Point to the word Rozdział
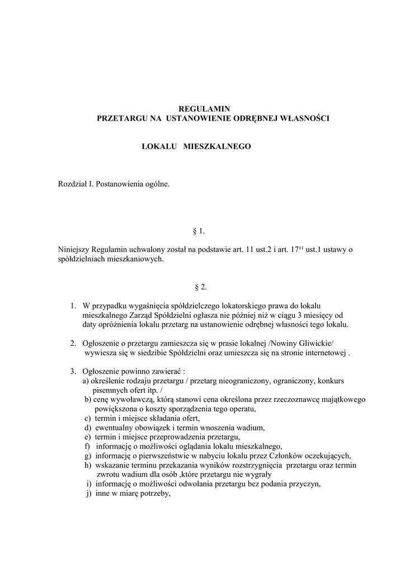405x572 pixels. [72, 183]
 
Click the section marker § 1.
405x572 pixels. [200, 230]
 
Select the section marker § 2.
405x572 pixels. [200, 287]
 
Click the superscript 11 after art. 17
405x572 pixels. [300, 247]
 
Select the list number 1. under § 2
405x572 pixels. [74, 306]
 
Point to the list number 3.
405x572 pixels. [74, 371]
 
